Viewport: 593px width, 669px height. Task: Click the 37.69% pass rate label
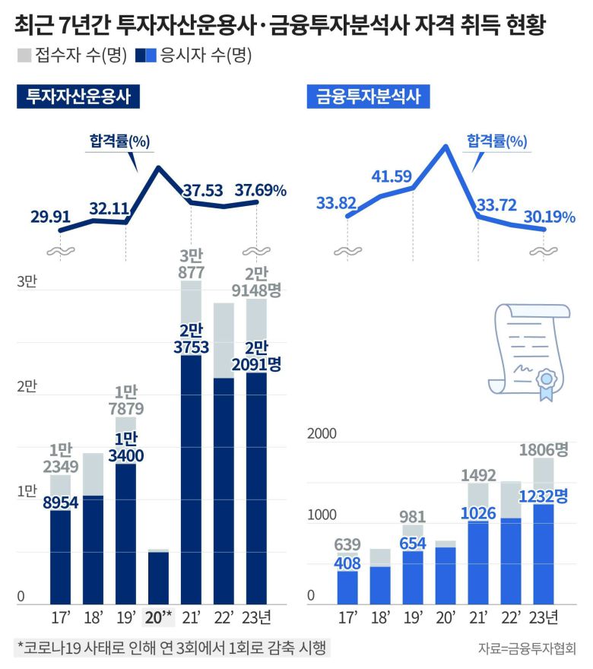click(x=260, y=189)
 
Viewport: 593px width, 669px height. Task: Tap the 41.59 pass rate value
click(x=392, y=176)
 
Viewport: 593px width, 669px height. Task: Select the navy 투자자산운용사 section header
click(x=78, y=97)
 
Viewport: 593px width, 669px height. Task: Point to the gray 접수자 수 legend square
click(x=23, y=55)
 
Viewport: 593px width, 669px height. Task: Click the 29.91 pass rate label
click(x=52, y=217)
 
